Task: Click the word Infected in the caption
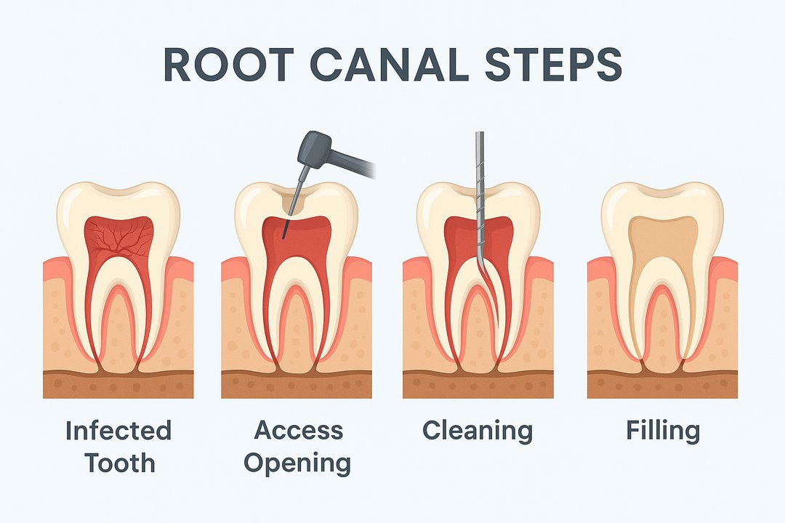(118, 431)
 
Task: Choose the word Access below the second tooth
(297, 431)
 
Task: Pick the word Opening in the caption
(297, 463)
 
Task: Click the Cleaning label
(478, 431)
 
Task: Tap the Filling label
(663, 431)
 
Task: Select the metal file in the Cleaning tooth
(480, 182)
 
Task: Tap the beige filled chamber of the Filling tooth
(663, 240)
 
